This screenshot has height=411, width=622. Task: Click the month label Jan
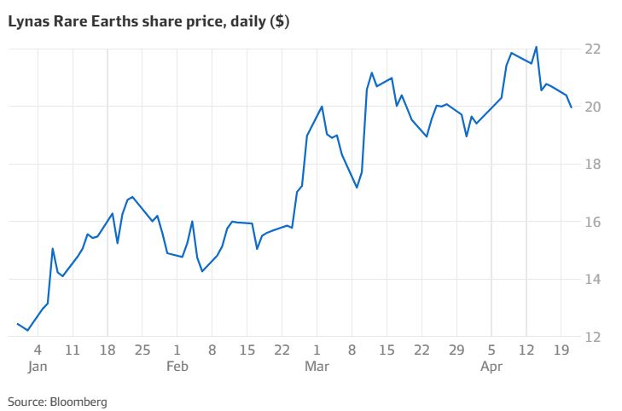pos(37,367)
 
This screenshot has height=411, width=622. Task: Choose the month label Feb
pos(177,367)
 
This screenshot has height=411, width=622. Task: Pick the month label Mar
pos(317,367)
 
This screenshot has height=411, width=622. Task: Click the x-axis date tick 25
pos(142,350)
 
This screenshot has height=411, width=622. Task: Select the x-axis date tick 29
pos(456,350)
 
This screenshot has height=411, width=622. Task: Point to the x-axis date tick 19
pos(561,350)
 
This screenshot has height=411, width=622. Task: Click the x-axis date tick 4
pos(37,350)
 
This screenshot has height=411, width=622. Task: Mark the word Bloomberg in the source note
pos(79,401)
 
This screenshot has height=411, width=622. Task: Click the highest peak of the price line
pos(536,47)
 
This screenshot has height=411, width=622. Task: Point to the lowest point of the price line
pos(28,330)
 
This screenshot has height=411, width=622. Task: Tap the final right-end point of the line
pos(572,107)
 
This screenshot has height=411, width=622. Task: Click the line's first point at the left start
pos(17,323)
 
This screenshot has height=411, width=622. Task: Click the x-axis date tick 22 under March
pos(421,350)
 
